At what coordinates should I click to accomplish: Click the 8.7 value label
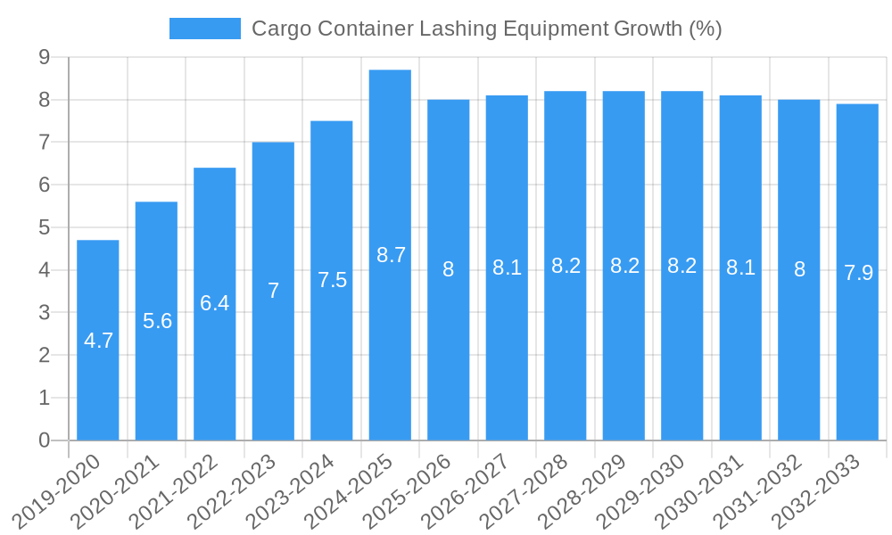pyautogui.click(x=391, y=255)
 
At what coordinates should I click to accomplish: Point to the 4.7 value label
pyautogui.click(x=98, y=341)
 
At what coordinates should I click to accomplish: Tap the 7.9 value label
pyautogui.click(x=858, y=274)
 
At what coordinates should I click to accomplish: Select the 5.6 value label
pyautogui.click(x=157, y=321)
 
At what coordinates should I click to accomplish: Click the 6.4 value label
pyautogui.click(x=215, y=303)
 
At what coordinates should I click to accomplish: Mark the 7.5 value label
pyautogui.click(x=332, y=280)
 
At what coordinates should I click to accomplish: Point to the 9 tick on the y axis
pyautogui.click(x=44, y=58)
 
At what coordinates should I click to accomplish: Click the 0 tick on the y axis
pyautogui.click(x=44, y=440)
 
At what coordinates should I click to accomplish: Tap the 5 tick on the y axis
pyautogui.click(x=44, y=227)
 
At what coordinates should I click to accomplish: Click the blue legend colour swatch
pyautogui.click(x=204, y=29)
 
